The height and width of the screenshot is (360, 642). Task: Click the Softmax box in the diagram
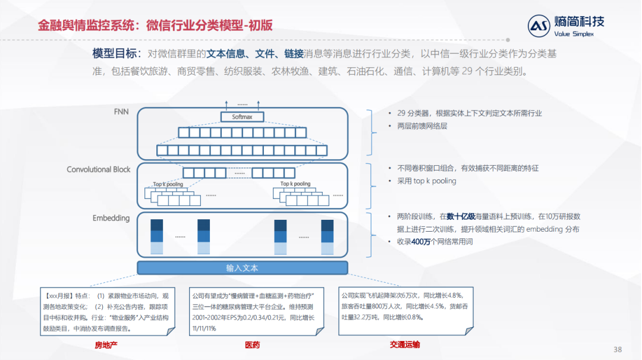pyautogui.click(x=242, y=117)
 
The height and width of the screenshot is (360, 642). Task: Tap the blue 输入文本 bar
pyautogui.click(x=242, y=268)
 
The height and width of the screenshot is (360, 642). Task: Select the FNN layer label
pyautogui.click(x=121, y=111)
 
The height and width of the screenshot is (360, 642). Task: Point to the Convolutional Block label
pyautogui.click(x=99, y=169)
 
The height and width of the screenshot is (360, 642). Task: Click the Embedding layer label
pyautogui.click(x=111, y=218)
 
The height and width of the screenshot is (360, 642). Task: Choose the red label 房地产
pyautogui.click(x=107, y=345)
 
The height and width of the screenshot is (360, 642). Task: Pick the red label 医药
pyautogui.click(x=252, y=345)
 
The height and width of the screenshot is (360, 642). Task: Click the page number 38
pyautogui.click(x=618, y=349)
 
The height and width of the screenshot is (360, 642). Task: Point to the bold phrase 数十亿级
pyautogui.click(x=461, y=216)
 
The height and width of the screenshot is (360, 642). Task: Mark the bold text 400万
pyautogui.click(x=421, y=242)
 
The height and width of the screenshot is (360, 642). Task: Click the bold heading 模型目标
pyautogui.click(x=116, y=53)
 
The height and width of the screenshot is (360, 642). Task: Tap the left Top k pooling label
pyautogui.click(x=168, y=184)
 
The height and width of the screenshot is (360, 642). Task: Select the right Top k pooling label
pyautogui.click(x=295, y=184)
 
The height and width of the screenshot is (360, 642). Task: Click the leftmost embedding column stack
pyautogui.click(x=156, y=236)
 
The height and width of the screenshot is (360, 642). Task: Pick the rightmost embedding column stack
pyautogui.click(x=328, y=236)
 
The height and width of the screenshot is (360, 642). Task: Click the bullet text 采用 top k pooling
pyautogui.click(x=423, y=181)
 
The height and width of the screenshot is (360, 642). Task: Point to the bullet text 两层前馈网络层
pyautogui.click(x=421, y=126)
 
